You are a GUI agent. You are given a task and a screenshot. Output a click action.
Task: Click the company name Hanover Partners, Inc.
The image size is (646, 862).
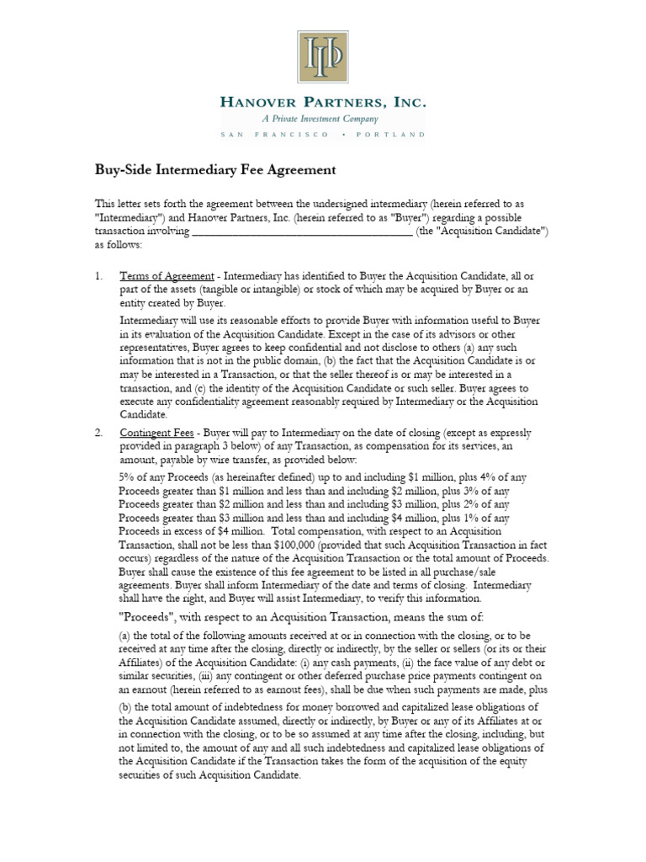[x=323, y=103]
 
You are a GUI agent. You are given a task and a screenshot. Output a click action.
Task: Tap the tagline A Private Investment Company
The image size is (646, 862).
[x=323, y=120]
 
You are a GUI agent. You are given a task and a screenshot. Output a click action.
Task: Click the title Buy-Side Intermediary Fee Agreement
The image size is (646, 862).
[x=215, y=170]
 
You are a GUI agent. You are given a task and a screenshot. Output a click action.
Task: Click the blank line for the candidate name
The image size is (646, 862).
[x=303, y=232]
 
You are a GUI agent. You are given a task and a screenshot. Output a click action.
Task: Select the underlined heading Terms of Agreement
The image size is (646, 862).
[x=168, y=277]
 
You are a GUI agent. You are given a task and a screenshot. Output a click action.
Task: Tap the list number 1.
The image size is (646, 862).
[x=98, y=277]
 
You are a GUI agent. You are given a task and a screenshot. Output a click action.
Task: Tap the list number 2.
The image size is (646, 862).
[x=98, y=433]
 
